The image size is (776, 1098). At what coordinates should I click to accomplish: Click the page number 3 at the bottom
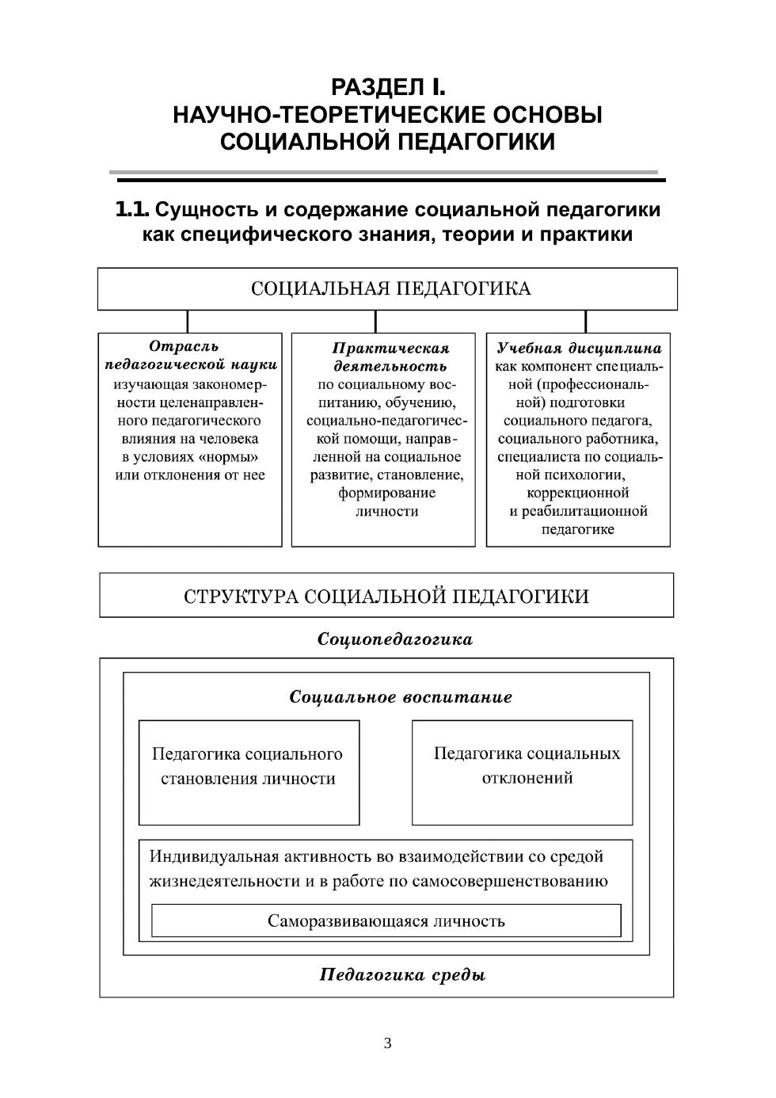click(x=387, y=1043)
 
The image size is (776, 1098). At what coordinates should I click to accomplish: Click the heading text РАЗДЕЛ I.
click(x=387, y=86)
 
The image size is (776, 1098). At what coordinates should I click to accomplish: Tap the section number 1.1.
click(x=131, y=210)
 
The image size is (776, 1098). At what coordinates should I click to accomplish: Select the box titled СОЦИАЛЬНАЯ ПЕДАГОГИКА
click(x=387, y=288)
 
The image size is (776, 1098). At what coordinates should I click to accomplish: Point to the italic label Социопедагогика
click(x=394, y=639)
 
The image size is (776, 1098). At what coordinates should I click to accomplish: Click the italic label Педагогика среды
click(x=402, y=974)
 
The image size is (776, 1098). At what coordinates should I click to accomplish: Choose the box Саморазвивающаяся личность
click(x=386, y=921)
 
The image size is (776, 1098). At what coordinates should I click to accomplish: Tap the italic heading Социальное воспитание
click(x=401, y=697)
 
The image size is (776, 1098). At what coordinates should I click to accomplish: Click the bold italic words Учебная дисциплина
click(x=579, y=348)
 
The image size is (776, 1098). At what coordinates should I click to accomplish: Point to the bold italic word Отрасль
click(x=184, y=346)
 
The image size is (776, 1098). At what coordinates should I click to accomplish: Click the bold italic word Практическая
click(x=390, y=348)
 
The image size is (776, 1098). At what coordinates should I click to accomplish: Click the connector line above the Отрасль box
click(x=188, y=321)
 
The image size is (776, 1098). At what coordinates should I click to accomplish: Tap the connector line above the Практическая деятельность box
click(x=375, y=321)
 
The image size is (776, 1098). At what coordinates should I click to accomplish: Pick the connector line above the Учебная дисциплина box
click(x=586, y=321)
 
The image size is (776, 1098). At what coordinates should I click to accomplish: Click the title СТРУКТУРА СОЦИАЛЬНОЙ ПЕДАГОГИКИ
click(x=386, y=596)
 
